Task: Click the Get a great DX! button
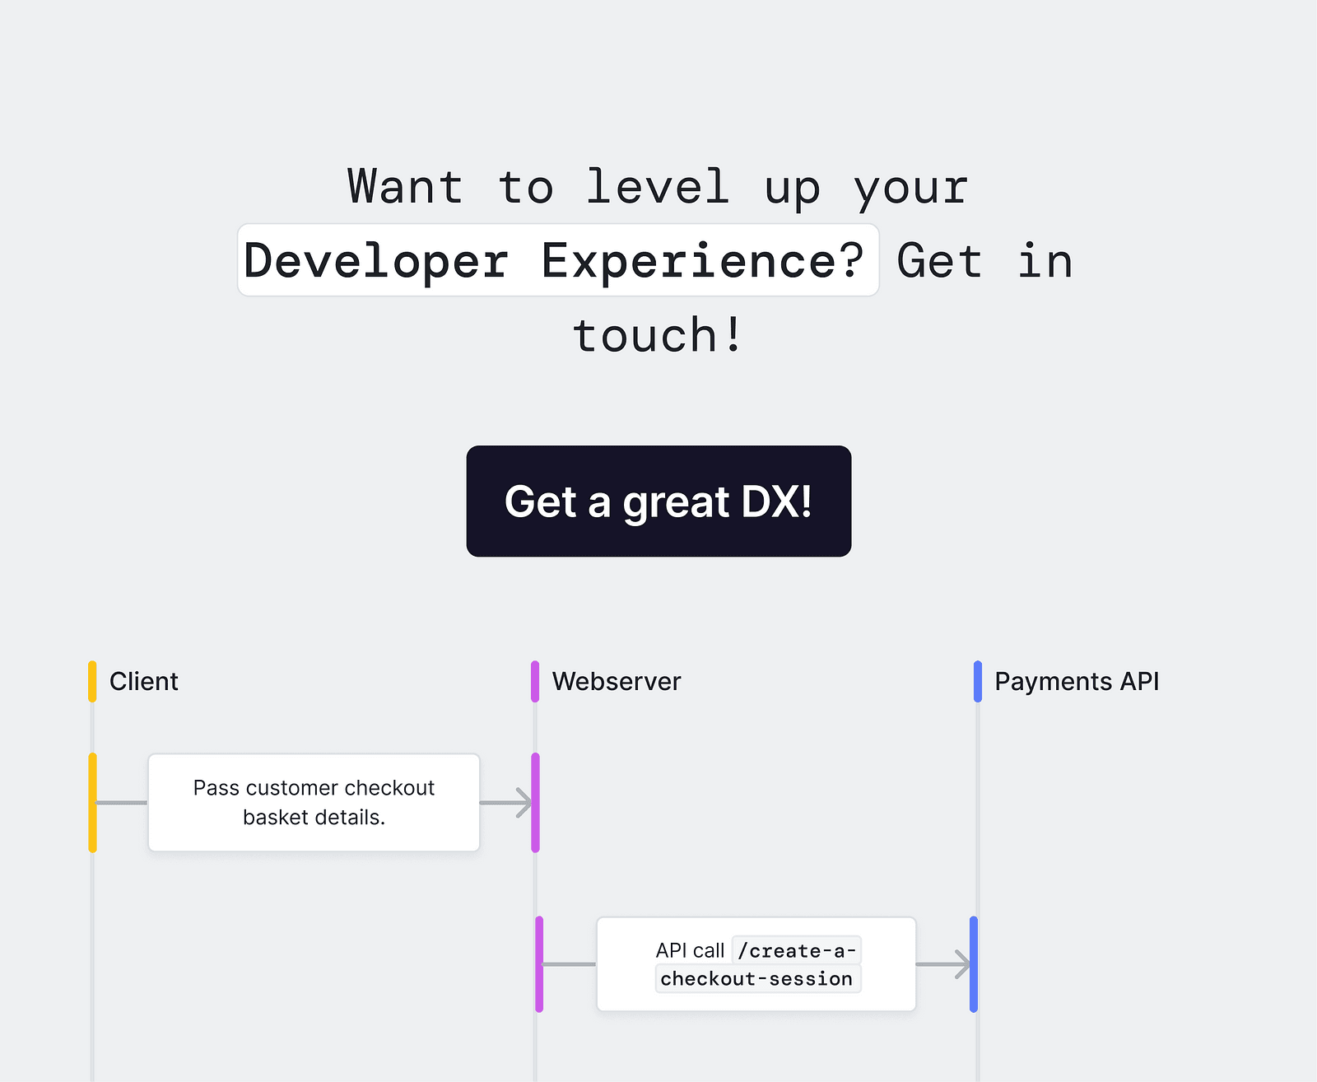coord(658,501)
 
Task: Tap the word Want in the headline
coord(405,187)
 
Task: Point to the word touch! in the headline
coord(658,335)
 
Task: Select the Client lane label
coord(144,682)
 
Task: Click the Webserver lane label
coord(617,682)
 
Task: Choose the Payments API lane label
coord(1077,682)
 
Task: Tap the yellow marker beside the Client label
coord(92,682)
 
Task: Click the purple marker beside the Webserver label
coord(535,682)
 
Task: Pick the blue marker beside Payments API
coord(978,682)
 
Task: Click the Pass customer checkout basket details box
coord(314,803)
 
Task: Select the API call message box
coord(756,964)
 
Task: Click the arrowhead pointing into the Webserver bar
coord(524,803)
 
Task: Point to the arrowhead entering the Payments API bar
coord(962,964)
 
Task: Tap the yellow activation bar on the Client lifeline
coord(92,803)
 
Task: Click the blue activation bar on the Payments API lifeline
coord(974,964)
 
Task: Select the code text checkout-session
coord(756,979)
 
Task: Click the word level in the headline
coord(657,187)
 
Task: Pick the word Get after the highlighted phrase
coord(939,261)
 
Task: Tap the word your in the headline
coord(910,187)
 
